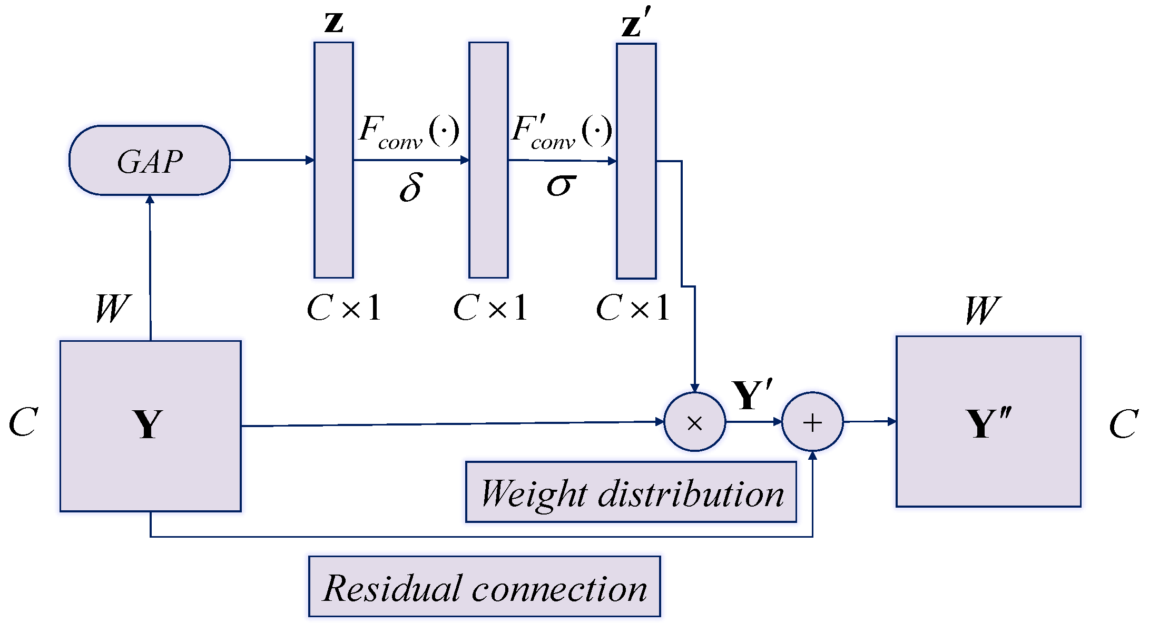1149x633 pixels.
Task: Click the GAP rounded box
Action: (x=150, y=161)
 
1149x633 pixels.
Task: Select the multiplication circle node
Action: (x=694, y=422)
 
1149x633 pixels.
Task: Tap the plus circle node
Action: (x=812, y=422)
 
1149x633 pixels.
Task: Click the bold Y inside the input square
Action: (x=148, y=424)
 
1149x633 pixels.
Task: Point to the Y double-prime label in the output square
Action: (x=988, y=423)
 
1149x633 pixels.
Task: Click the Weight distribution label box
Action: (x=631, y=493)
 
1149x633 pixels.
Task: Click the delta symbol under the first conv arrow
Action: (x=411, y=187)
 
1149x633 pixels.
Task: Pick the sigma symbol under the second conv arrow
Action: (x=561, y=185)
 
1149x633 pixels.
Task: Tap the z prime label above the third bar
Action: (x=636, y=24)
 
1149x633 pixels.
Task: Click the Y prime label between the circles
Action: (x=751, y=395)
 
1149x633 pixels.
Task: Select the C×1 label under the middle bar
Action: (x=490, y=308)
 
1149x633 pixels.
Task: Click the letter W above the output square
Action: (x=982, y=311)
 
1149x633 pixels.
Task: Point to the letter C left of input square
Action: (x=24, y=422)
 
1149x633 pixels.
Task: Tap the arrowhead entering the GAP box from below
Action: (x=150, y=199)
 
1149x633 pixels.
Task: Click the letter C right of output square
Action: (x=1123, y=424)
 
